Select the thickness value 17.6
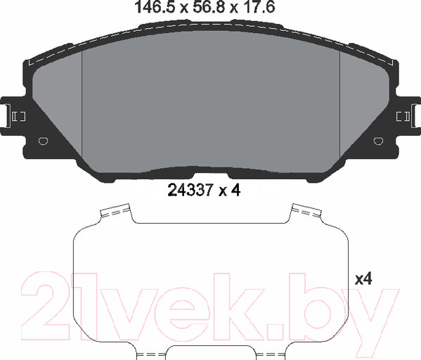point(259,7)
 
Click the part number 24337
point(190,191)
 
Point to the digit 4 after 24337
point(235,191)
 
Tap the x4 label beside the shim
point(363,278)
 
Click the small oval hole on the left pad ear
point(44,141)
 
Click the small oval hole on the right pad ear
point(378,141)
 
